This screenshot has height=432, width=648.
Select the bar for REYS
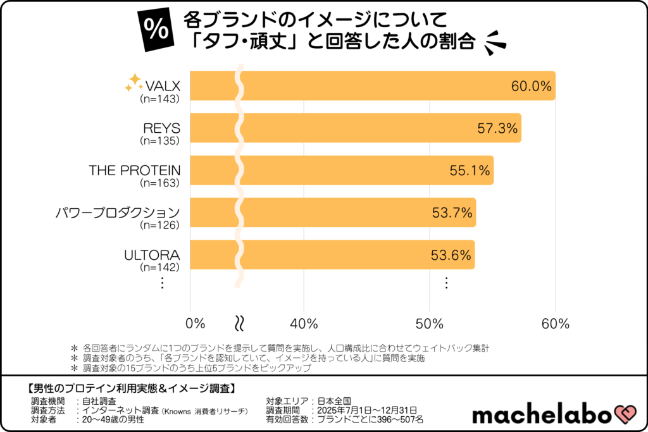click(x=355, y=128)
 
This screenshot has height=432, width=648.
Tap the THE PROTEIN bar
click(x=341, y=170)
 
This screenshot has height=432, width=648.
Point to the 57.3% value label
click(x=497, y=128)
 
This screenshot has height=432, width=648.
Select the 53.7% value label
click(x=452, y=213)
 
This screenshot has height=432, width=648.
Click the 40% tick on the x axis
click(x=304, y=324)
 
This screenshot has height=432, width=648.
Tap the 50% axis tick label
click(x=430, y=324)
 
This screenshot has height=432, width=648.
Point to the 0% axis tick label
click(x=196, y=324)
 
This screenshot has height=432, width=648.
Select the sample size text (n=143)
click(x=161, y=99)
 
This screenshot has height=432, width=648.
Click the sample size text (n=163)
click(x=161, y=183)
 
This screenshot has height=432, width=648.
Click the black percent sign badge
click(x=154, y=30)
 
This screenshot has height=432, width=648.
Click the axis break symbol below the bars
click(x=240, y=323)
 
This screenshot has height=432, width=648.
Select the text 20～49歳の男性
click(x=113, y=419)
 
